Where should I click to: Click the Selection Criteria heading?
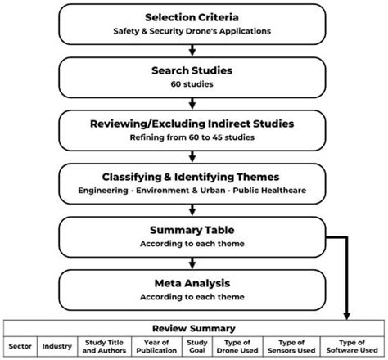pyautogui.click(x=193, y=16)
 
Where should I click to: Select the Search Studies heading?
pyautogui.click(x=193, y=72)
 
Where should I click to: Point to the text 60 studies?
pyautogui.click(x=193, y=86)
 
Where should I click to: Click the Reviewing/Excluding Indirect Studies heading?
pyautogui.click(x=193, y=124)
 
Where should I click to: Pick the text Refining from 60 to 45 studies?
pyautogui.click(x=193, y=138)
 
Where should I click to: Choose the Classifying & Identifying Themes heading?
pyautogui.click(x=193, y=176)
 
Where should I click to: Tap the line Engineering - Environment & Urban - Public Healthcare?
pyautogui.click(x=193, y=191)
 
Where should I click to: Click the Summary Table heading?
pyautogui.click(x=193, y=230)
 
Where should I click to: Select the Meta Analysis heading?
pyautogui.click(x=193, y=284)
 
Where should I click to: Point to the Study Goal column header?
pyautogui.click(x=195, y=347)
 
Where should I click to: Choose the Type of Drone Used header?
pyautogui.click(x=239, y=347)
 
